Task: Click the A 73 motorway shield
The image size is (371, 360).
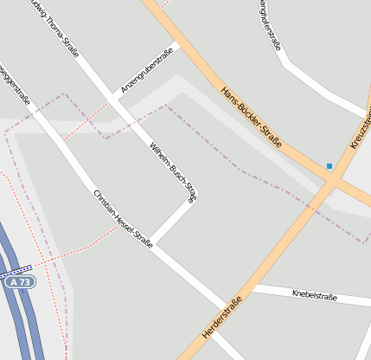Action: (18, 282)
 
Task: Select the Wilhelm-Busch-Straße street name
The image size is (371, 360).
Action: (173, 170)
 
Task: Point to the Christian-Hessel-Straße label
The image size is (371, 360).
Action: (123, 218)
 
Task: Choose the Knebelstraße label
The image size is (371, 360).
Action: (315, 296)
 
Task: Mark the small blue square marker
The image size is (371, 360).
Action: (329, 165)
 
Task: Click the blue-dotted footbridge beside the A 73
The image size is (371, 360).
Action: (17, 270)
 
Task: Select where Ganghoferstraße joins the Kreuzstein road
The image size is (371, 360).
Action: (367, 112)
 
